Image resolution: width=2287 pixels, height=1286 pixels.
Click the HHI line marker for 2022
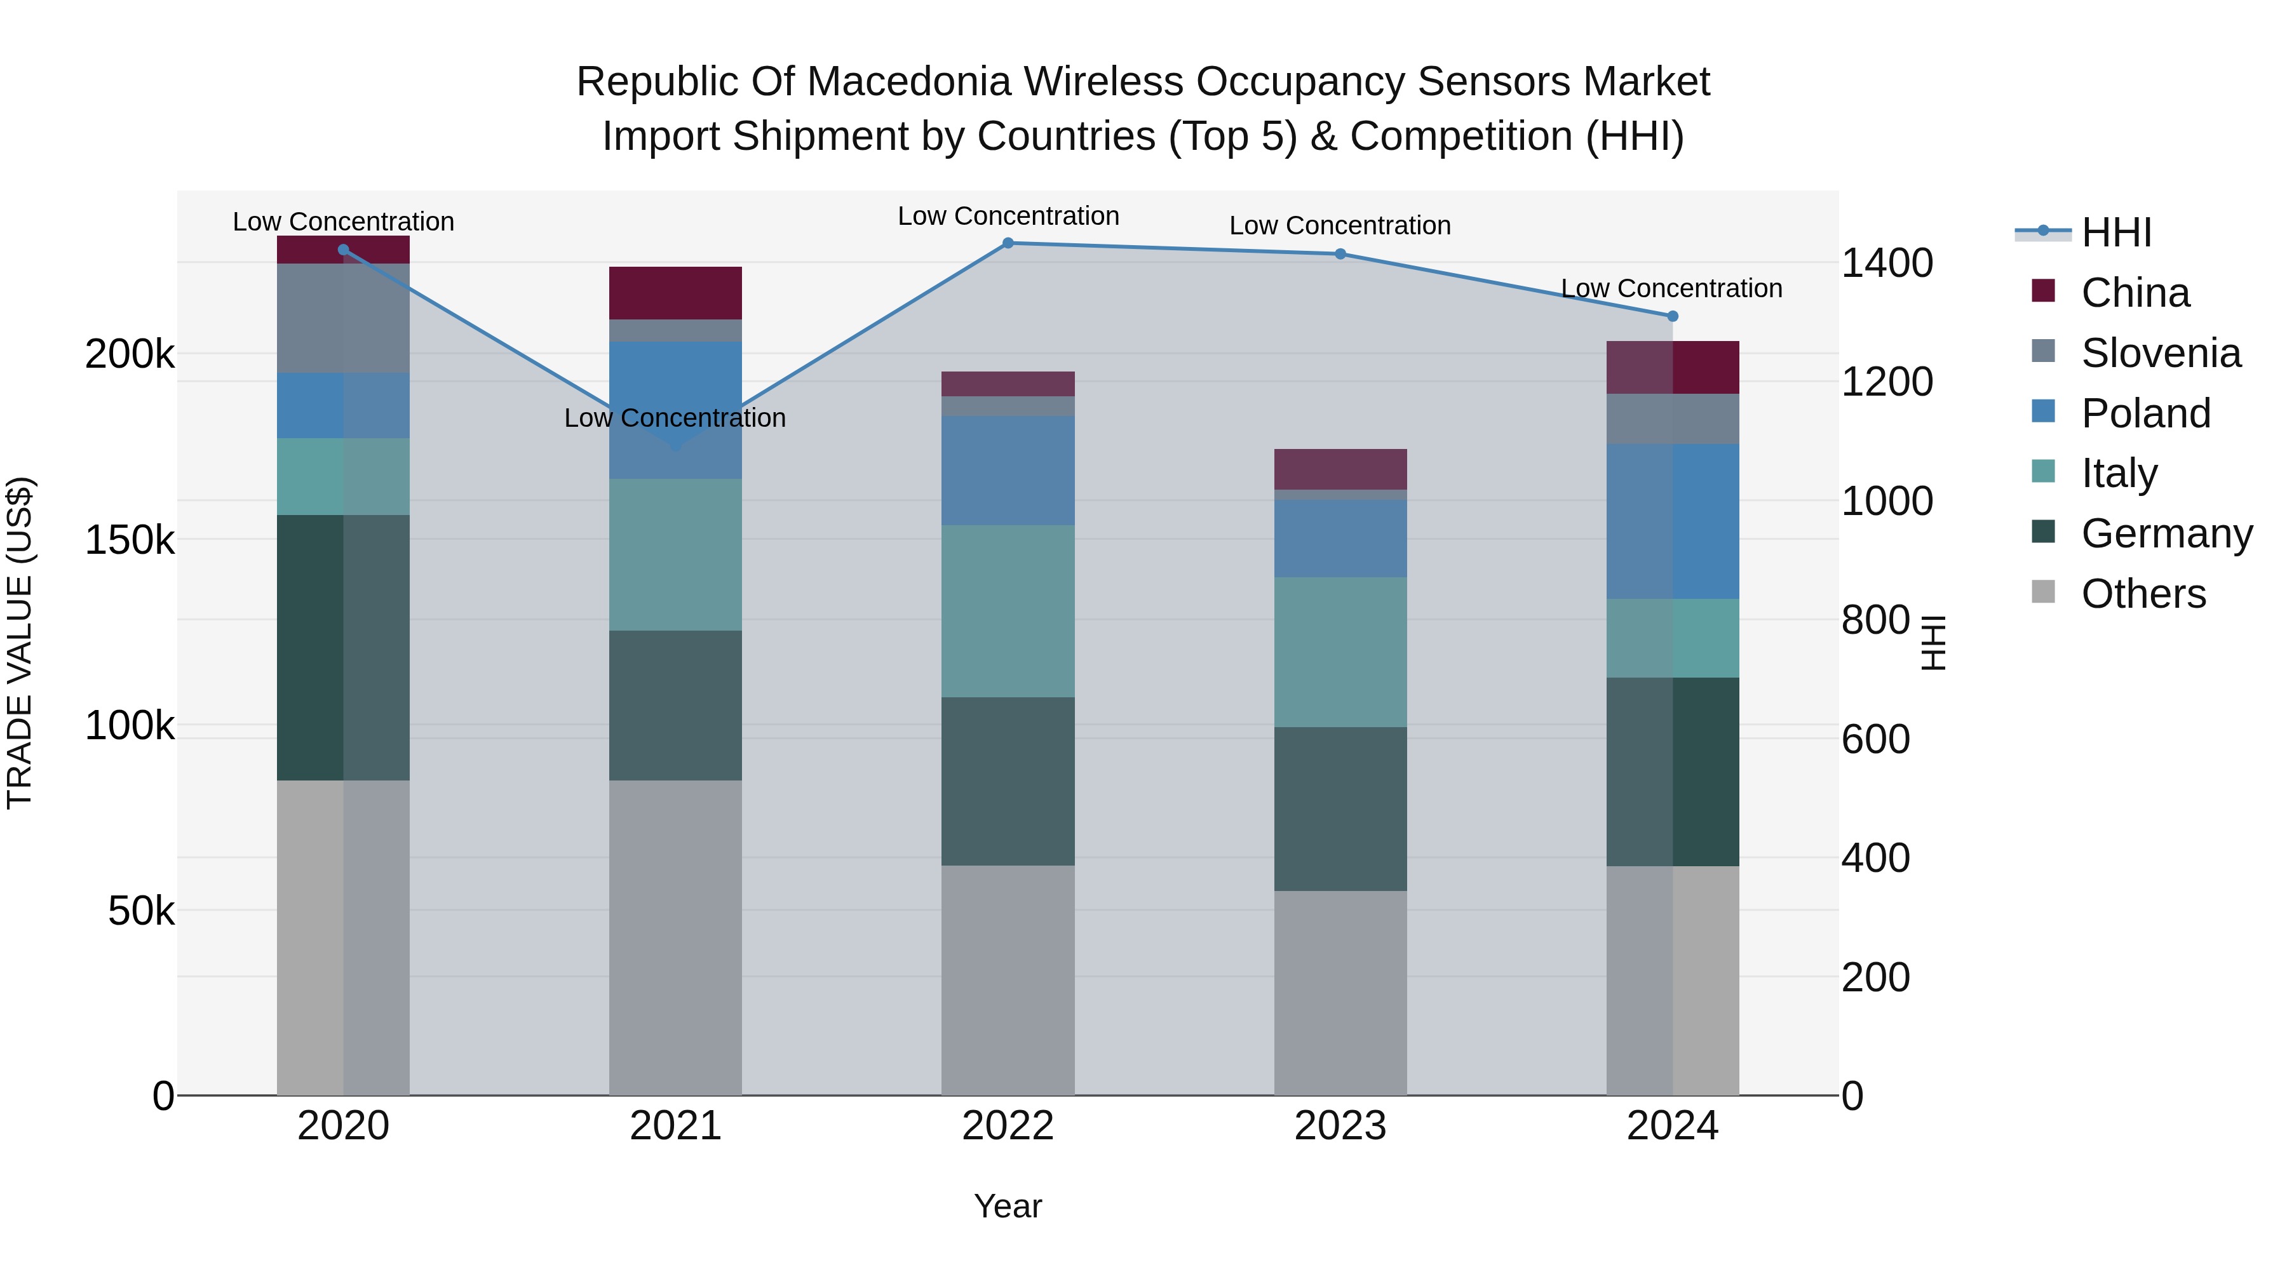pyautogui.click(x=1008, y=243)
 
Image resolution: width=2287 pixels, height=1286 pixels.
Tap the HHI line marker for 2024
pyautogui.click(x=1673, y=316)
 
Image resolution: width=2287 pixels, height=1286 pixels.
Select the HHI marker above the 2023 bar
pyautogui.click(x=1340, y=254)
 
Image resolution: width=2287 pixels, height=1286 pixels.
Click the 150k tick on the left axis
pyautogui.click(x=130, y=540)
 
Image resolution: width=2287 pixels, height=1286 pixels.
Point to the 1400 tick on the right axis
pyautogui.click(x=1887, y=263)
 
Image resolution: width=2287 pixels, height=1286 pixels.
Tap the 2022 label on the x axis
pyautogui.click(x=1008, y=1126)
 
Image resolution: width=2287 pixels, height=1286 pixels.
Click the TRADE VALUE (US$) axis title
pyautogui.click(x=20, y=643)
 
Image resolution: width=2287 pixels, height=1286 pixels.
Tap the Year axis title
pyautogui.click(x=1008, y=1206)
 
